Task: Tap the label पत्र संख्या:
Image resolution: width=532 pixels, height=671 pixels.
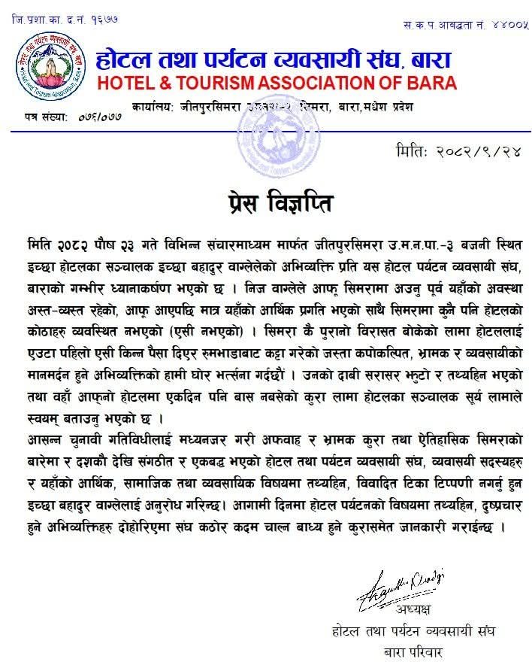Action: (x=44, y=117)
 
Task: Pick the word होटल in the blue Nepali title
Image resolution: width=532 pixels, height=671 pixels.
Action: (x=124, y=57)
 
